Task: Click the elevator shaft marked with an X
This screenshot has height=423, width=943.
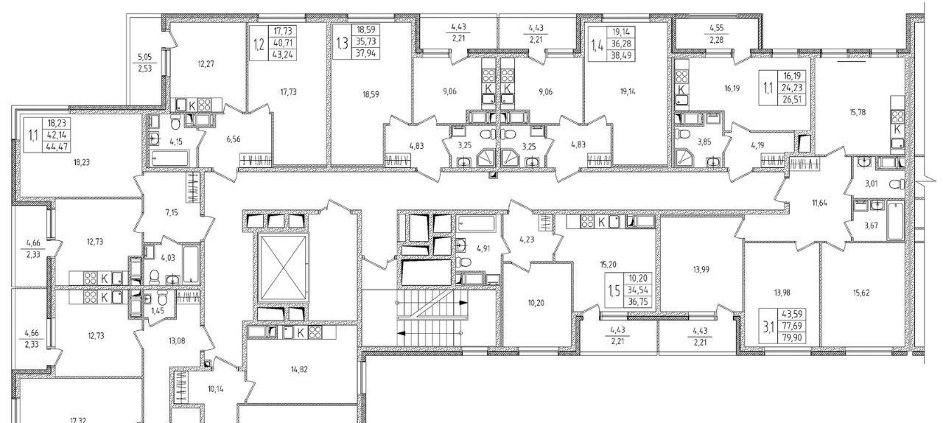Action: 284,268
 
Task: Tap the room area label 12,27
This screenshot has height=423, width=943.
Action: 206,64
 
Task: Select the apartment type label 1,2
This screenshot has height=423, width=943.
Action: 259,43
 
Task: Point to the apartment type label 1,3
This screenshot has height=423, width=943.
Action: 343,42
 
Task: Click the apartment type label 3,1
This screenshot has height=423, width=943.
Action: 768,326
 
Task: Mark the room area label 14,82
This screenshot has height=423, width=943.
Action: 299,370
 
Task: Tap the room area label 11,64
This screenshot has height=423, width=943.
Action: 820,203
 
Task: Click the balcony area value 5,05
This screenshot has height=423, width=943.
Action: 145,57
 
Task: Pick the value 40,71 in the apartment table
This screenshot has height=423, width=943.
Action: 285,43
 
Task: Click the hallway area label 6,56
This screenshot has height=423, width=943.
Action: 234,139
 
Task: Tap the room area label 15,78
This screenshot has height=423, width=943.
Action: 858,112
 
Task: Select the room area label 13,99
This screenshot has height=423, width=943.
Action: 701,270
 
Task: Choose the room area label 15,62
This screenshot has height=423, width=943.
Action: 861,293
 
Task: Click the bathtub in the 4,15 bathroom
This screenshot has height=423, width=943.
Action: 169,158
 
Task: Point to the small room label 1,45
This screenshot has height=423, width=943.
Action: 158,310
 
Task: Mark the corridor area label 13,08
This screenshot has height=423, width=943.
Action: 177,341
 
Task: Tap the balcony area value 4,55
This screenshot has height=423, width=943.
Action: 717,29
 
